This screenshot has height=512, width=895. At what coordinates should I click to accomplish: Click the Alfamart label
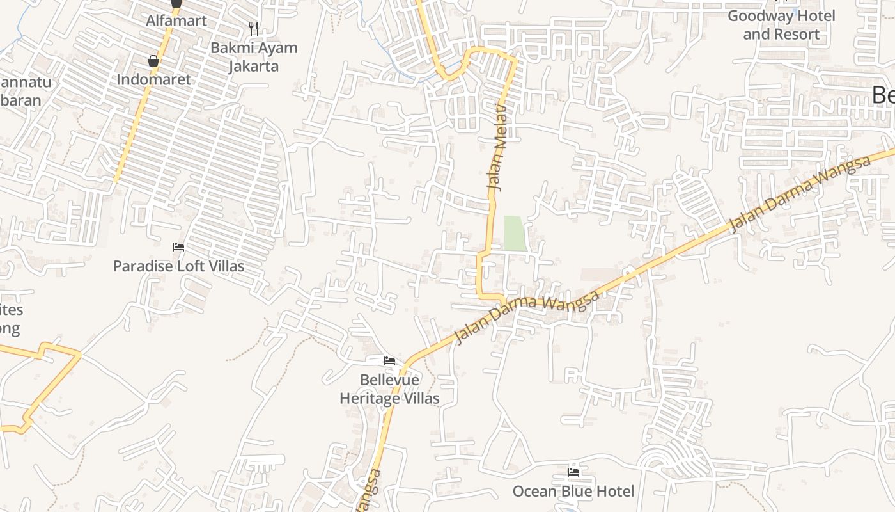[x=176, y=20]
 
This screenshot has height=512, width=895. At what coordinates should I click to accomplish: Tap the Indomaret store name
[x=153, y=79]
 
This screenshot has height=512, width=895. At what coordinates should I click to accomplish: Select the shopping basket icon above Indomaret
[x=153, y=61]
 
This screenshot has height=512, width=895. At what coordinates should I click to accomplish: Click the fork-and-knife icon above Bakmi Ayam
[x=254, y=28]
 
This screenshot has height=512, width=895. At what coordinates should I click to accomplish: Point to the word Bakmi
[x=235, y=47]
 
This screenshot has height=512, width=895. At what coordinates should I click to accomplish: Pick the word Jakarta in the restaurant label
[x=254, y=66]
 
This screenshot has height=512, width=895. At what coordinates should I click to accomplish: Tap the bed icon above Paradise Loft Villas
[x=178, y=247]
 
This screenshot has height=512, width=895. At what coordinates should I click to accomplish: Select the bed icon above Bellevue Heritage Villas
[x=389, y=362]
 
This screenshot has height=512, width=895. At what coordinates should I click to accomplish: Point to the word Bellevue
[x=389, y=380]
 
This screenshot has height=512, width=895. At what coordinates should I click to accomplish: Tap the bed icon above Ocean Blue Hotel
[x=573, y=472]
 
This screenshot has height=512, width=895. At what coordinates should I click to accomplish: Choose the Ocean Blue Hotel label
[x=573, y=492]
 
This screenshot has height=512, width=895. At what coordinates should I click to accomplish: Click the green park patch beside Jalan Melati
[x=515, y=233]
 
